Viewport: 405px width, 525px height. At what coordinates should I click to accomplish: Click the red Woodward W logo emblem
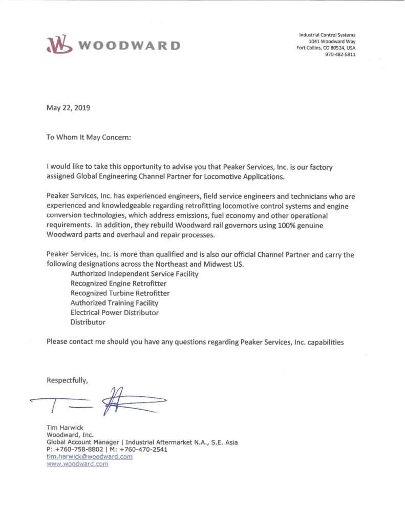(x=57, y=45)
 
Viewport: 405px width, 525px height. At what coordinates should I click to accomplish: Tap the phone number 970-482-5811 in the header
(x=340, y=55)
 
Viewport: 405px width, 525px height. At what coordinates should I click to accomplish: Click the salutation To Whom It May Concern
(x=89, y=138)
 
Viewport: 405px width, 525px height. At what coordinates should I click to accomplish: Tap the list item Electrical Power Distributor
(x=114, y=312)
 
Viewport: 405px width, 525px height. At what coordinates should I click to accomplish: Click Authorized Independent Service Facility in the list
(x=134, y=274)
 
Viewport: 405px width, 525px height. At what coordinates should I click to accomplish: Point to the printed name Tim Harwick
(x=63, y=428)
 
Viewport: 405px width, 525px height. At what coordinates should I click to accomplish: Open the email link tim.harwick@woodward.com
(x=90, y=456)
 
